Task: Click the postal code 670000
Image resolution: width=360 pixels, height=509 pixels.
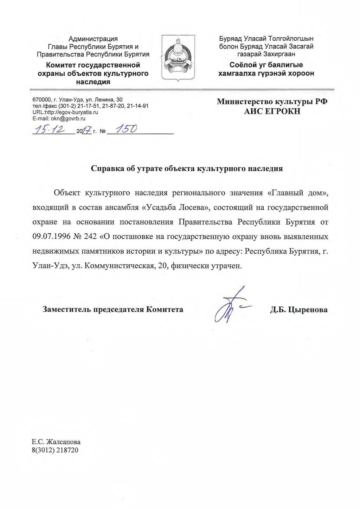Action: point(42,99)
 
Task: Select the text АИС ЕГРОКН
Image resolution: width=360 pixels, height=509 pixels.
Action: point(273,111)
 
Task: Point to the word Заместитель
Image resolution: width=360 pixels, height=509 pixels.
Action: point(65,310)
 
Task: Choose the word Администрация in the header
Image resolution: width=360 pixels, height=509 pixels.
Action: point(93,39)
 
